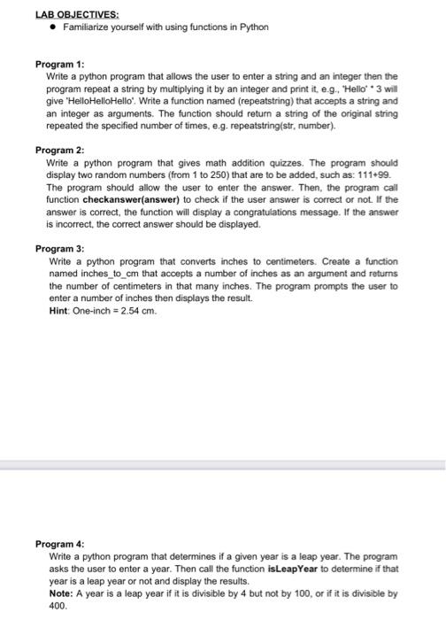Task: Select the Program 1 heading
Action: [59, 65]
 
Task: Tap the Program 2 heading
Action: [59, 150]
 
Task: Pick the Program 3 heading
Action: [59, 249]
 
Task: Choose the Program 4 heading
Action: [59, 543]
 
